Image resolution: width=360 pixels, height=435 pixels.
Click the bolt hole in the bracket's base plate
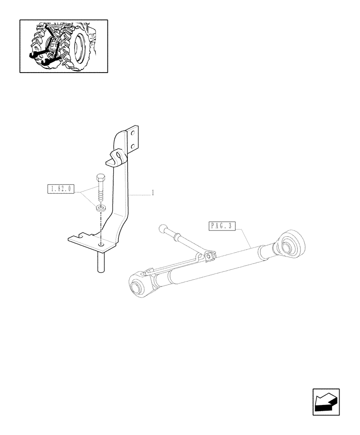pos(101,246)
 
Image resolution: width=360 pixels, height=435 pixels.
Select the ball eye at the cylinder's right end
pos(287,243)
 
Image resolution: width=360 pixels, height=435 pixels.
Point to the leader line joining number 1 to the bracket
pos(140,195)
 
